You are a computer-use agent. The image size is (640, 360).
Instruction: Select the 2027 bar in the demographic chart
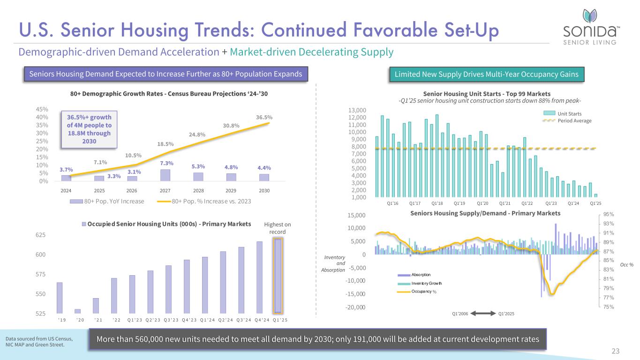(165, 175)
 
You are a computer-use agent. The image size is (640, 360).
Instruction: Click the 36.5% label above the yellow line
(264, 117)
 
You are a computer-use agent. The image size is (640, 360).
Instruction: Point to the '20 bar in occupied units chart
(77, 311)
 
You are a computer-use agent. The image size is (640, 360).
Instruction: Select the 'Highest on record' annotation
(281, 228)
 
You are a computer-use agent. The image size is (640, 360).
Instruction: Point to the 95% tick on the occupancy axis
(608, 215)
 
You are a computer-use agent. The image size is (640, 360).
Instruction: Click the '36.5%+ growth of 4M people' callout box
(89, 127)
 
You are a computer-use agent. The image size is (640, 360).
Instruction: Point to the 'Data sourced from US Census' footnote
(39, 342)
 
